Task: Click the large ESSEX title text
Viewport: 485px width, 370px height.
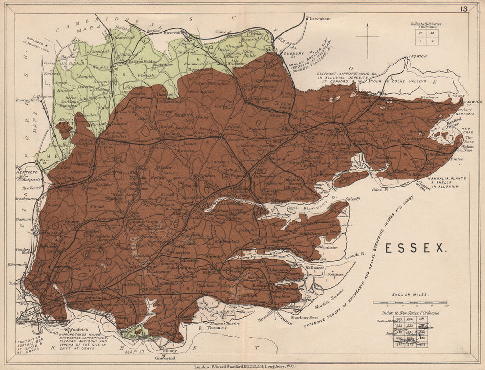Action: click(415, 248)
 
